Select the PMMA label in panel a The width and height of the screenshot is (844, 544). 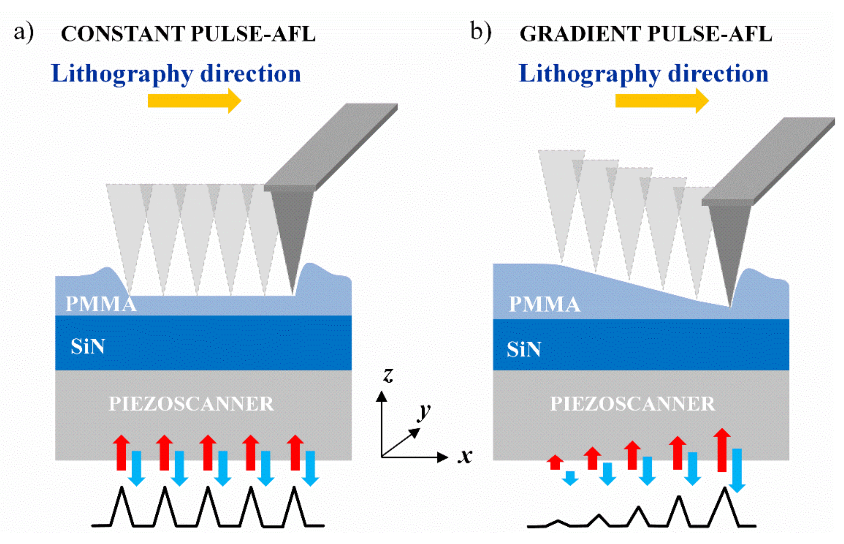pos(101,304)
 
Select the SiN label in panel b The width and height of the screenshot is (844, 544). pos(523,349)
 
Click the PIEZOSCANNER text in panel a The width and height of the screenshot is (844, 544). pos(191,404)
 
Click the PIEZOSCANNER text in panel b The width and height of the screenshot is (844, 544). pos(633,404)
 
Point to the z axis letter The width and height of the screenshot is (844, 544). pos(388,375)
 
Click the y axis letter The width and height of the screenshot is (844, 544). pos(424,412)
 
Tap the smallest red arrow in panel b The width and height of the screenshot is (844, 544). pos(555,462)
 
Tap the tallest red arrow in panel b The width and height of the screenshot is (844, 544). pos(722,451)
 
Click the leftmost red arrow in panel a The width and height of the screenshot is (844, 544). pos(121,453)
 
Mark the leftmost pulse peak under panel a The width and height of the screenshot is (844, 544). pos(122,490)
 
